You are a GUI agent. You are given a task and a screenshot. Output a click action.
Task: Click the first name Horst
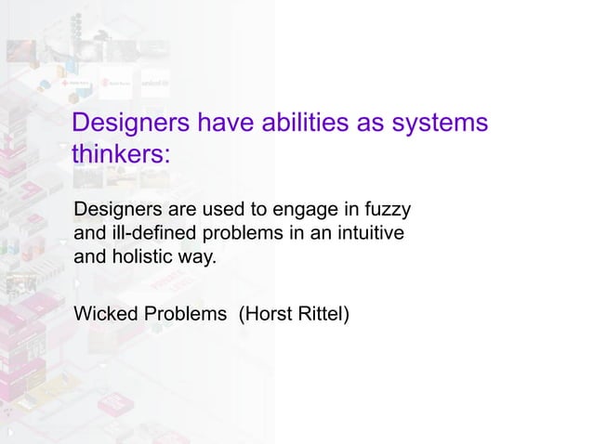tap(267, 314)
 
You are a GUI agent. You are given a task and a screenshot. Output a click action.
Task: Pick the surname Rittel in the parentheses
tap(321, 314)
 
